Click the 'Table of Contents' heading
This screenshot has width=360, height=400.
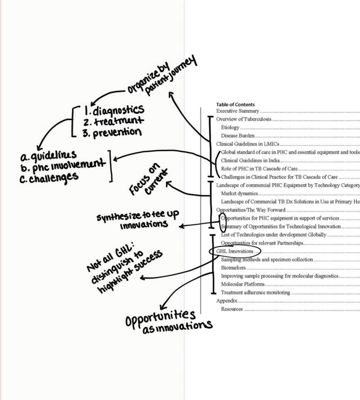(235, 105)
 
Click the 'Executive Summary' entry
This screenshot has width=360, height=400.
(238, 111)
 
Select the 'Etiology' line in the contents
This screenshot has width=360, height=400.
(230, 127)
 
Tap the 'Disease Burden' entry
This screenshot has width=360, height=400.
(238, 136)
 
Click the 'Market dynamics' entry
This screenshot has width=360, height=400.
(239, 193)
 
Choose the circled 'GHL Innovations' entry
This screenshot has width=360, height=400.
(235, 251)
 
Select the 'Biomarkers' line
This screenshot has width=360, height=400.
(233, 268)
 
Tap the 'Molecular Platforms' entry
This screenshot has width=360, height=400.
(242, 284)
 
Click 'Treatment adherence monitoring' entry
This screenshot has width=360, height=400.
(255, 293)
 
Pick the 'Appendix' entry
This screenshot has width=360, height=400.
(226, 301)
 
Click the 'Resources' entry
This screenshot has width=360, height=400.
(232, 309)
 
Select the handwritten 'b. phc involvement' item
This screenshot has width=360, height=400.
(62, 166)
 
